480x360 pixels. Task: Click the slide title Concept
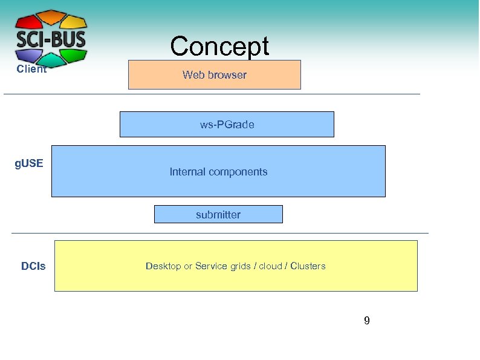(219, 46)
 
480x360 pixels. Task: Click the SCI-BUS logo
(51, 38)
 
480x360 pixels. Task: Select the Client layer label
(31, 69)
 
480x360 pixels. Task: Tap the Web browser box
(214, 75)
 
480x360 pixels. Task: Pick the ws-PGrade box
(227, 125)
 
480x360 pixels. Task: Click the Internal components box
(218, 172)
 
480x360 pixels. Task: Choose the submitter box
(218, 215)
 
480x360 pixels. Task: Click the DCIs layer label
(33, 266)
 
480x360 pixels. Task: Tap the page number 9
(366, 321)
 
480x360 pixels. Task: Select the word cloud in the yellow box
(270, 266)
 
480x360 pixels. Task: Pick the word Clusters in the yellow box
(308, 266)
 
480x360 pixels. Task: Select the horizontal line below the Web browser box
(212, 94)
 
